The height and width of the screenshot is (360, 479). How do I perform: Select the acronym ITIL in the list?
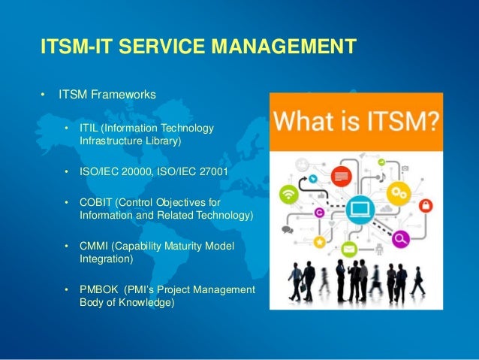pos(90,128)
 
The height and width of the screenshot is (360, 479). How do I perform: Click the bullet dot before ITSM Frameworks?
pos(44,95)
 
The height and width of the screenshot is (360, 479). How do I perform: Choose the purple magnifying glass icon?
pos(400,239)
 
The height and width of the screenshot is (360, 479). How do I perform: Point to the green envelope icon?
pos(348,249)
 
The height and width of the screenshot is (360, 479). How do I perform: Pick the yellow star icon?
pos(319,242)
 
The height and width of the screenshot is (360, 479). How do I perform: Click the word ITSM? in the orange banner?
pos(402,122)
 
